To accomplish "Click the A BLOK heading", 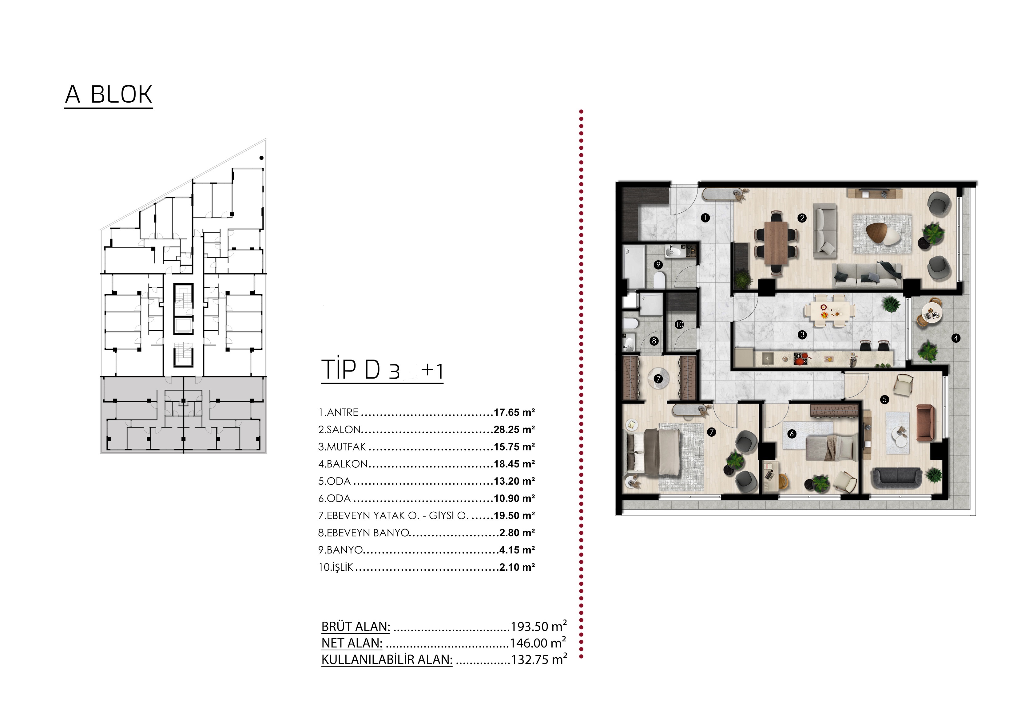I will (109, 95).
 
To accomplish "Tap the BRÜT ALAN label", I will (356, 627).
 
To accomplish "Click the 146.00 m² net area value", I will (538, 643).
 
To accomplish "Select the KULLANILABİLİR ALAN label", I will (387, 660).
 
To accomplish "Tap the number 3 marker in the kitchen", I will (802, 335).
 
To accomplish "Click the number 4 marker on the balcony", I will (955, 338).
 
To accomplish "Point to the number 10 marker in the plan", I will (679, 325).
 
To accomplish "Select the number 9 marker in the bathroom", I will (658, 265).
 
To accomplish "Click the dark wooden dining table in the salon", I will (776, 242).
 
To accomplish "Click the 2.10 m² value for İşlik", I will (517, 567).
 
